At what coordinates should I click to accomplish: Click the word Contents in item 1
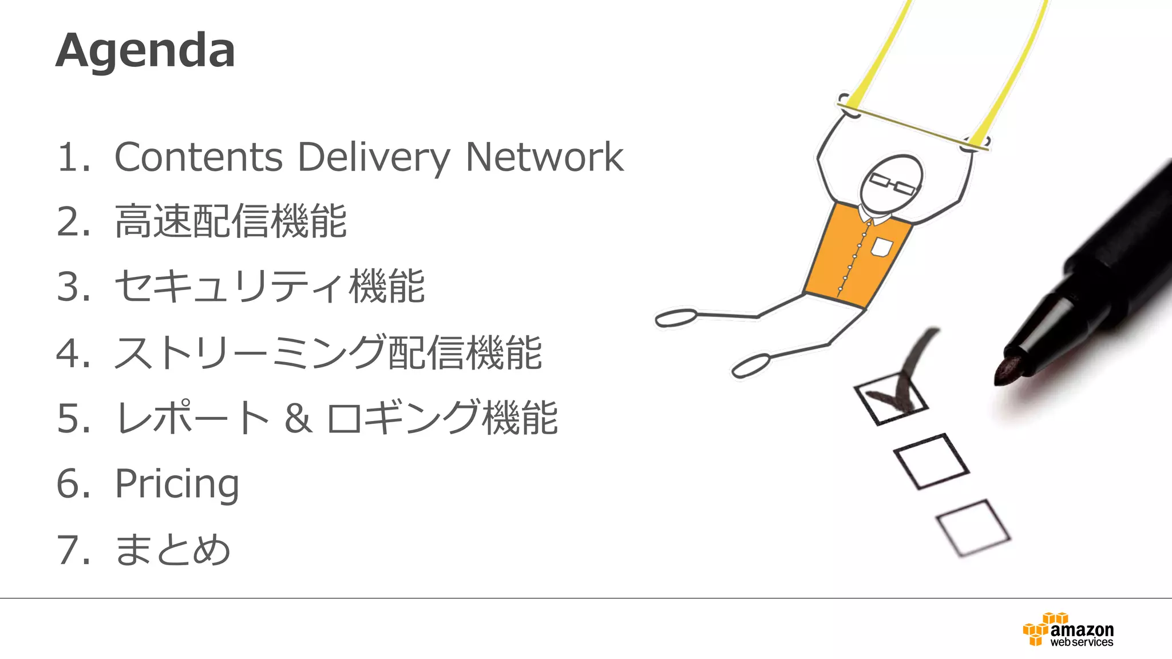click(199, 157)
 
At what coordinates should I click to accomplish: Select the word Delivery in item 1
click(374, 158)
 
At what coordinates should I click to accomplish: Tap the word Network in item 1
click(544, 157)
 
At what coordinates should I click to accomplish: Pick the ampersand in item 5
click(298, 418)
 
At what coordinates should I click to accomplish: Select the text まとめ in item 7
click(173, 550)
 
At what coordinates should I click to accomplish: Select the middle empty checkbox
click(931, 461)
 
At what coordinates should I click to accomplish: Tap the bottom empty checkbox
click(973, 527)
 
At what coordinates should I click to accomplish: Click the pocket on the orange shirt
click(881, 247)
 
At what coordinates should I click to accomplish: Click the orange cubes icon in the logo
click(1038, 629)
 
